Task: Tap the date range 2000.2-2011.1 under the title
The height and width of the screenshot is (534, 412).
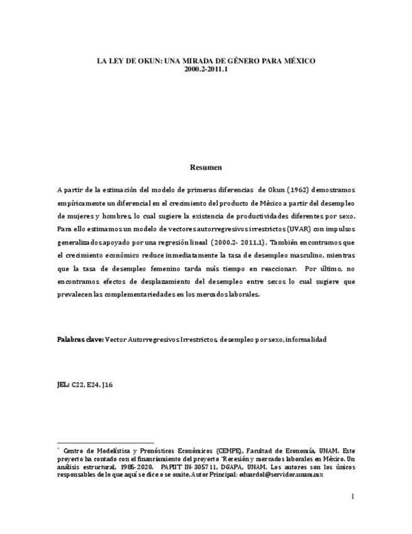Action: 206,69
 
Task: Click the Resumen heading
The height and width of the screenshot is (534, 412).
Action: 206,168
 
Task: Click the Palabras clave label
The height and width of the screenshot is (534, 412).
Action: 80,339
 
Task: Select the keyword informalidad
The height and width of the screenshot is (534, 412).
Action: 306,339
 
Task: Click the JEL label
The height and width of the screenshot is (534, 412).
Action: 63,384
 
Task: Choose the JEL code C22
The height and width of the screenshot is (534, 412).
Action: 79,384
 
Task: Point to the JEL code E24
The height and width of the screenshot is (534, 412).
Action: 94,384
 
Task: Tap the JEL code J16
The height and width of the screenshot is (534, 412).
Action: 108,384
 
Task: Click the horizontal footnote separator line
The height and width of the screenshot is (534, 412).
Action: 105,443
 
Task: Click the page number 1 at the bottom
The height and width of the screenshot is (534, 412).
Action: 352,497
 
